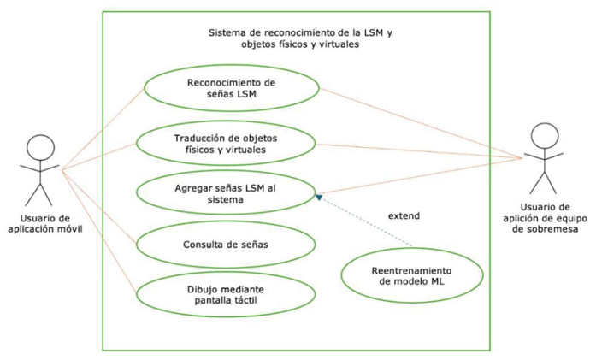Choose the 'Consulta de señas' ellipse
point(226,245)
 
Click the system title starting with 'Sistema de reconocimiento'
point(294,39)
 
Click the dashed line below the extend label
point(368,225)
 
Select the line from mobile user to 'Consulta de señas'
point(99,205)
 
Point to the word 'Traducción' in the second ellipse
point(204,137)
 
